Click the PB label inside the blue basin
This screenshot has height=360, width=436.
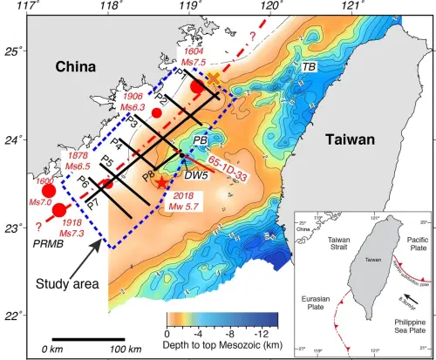coord(200,141)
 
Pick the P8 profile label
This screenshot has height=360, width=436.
coord(148,175)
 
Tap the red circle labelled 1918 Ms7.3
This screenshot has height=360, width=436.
coord(59,209)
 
